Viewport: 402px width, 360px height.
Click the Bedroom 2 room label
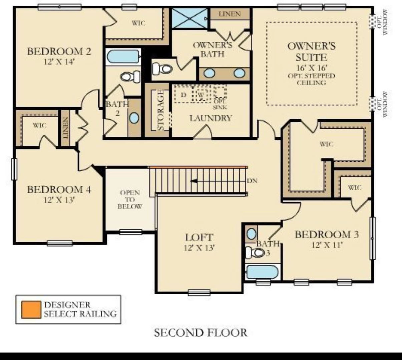pyautogui.click(x=59, y=52)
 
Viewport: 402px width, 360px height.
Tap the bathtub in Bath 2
pyautogui.click(x=123, y=56)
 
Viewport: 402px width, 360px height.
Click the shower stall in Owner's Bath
pyautogui.click(x=189, y=18)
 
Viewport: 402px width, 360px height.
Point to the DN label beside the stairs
pyautogui.click(x=252, y=181)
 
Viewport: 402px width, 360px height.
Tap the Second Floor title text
pyautogui.click(x=200, y=332)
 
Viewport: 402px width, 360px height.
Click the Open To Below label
pyautogui.click(x=130, y=199)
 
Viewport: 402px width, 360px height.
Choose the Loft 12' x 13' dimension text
pyautogui.click(x=199, y=248)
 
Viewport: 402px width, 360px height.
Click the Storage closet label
pyautogui.click(x=160, y=110)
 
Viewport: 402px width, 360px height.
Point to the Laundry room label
pyautogui.click(x=211, y=118)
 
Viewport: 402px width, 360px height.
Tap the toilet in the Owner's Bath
pyautogui.click(x=162, y=69)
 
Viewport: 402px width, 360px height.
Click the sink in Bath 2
pyautogui.click(x=134, y=117)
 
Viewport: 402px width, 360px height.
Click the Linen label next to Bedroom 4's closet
pyautogui.click(x=65, y=128)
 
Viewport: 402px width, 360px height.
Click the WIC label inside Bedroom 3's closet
pyautogui.click(x=354, y=187)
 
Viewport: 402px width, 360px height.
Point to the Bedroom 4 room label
pyautogui.click(x=59, y=190)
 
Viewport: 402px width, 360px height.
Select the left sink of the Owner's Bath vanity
pyautogui.click(x=209, y=73)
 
